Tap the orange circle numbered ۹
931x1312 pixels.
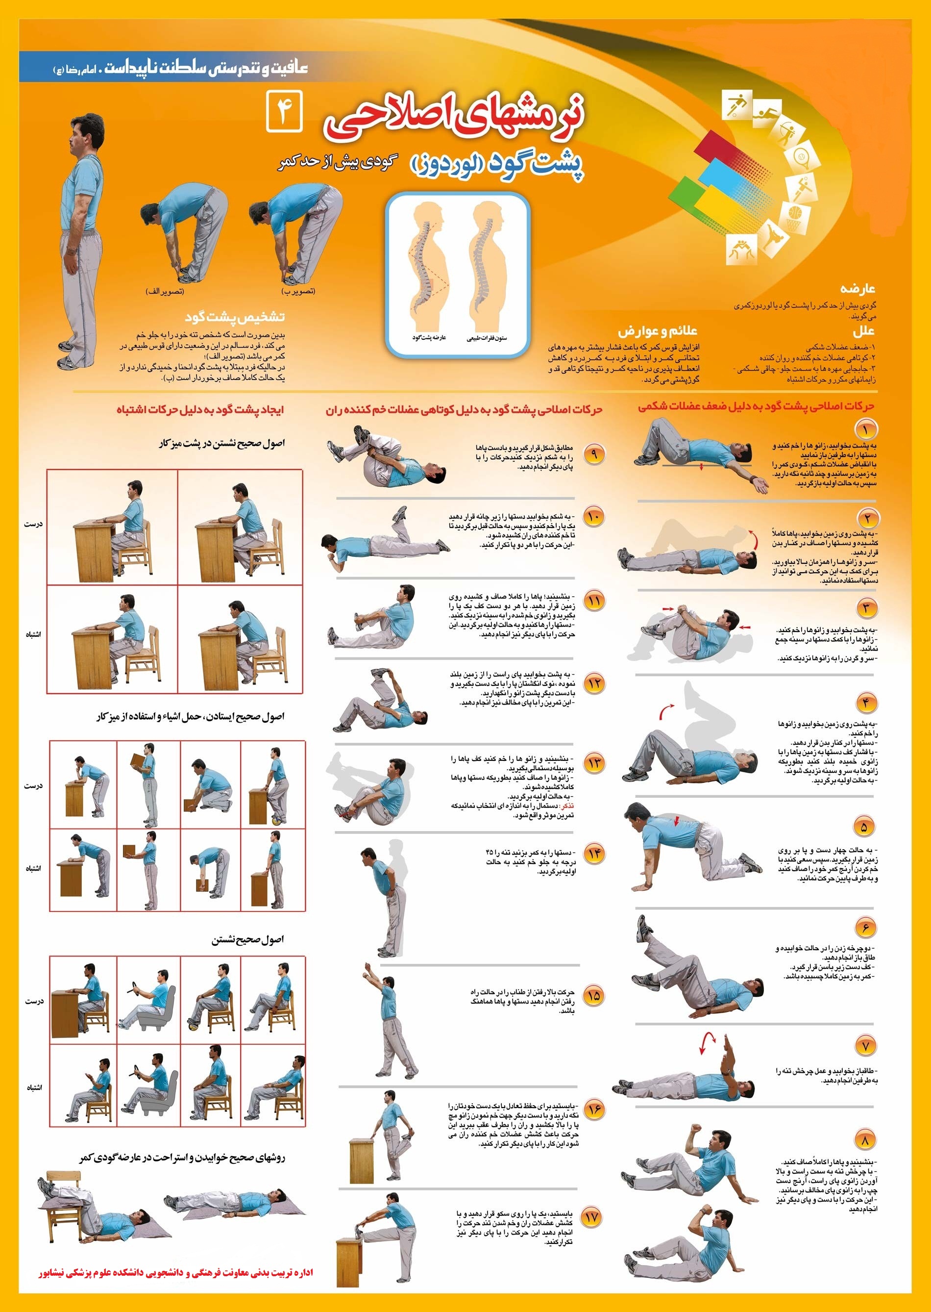(594, 454)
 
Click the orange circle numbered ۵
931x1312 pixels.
(864, 827)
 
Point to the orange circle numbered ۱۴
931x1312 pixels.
(594, 854)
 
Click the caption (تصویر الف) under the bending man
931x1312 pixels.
(165, 291)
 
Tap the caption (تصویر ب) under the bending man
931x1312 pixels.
(298, 291)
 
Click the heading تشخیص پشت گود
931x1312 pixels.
(235, 317)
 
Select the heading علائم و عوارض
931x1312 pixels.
(658, 331)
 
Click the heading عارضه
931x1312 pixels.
(858, 288)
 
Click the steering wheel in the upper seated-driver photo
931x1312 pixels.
(137, 989)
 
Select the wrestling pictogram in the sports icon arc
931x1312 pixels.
(741, 250)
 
